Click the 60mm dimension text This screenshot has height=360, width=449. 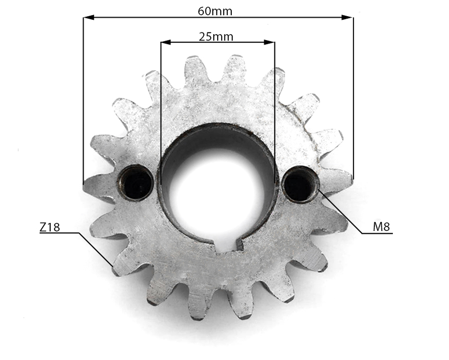coord(215,11)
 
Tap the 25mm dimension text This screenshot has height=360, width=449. coord(216,36)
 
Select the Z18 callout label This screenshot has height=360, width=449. coord(49,227)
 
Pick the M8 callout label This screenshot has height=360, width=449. coord(381,227)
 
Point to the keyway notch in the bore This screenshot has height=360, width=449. coord(229,245)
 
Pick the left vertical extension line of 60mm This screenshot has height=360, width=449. coord(84,99)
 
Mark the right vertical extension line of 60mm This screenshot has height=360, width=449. coord(353,99)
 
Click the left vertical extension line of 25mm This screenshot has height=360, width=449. coord(161,112)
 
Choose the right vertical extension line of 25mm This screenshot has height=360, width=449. coord(275,112)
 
